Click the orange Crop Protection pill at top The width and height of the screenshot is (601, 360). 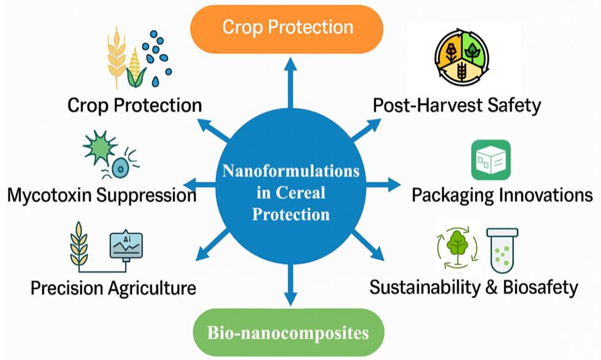click(x=287, y=29)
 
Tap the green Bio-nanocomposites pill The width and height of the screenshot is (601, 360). click(x=288, y=332)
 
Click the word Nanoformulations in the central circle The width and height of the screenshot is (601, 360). click(x=291, y=171)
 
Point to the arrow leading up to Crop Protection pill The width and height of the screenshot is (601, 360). click(x=291, y=83)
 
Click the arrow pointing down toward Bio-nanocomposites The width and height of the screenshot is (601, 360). click(x=291, y=285)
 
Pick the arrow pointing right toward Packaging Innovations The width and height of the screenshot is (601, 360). click(x=383, y=185)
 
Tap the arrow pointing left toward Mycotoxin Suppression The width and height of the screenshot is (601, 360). click(x=200, y=185)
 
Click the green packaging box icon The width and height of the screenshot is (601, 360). click(x=491, y=160)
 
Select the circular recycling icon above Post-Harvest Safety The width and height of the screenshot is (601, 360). click(x=462, y=57)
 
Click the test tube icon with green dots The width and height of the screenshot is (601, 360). click(x=502, y=250)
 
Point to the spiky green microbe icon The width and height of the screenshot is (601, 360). click(x=100, y=147)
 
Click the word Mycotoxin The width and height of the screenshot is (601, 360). click(x=50, y=196)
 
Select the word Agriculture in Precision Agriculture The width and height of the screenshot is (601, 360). click(x=152, y=288)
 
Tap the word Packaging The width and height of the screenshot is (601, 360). click(x=453, y=196)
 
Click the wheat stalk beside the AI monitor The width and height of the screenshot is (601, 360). click(x=79, y=244)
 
